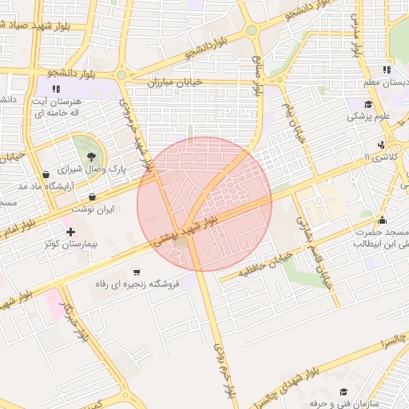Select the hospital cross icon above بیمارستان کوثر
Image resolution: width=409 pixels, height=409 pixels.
tap(71, 231)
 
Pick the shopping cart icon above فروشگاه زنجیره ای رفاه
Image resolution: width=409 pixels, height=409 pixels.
tap(137, 272)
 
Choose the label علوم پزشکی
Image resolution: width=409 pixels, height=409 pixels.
tap(368, 117)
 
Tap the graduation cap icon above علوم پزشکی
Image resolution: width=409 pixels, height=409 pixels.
tap(368, 105)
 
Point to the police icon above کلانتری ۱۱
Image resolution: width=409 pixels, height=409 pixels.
tap(381, 145)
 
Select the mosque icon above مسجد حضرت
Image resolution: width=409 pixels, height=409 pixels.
tap(382, 220)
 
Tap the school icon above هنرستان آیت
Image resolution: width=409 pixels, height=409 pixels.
tap(54, 89)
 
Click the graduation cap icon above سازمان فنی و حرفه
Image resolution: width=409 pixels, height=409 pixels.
tap(343, 391)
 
